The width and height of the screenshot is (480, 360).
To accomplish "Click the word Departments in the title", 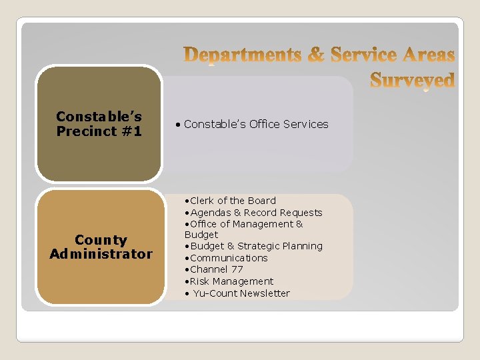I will (x=243, y=55).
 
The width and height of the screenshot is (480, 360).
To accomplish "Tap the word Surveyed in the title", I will (x=412, y=80).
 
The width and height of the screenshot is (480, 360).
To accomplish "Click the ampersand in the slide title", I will (x=316, y=55).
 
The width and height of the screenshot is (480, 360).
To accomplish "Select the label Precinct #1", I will (x=99, y=131).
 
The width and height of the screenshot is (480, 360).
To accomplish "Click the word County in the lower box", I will (x=101, y=240).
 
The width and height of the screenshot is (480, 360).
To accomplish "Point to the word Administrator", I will (x=101, y=254).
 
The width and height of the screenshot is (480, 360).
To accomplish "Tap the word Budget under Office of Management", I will (x=201, y=235).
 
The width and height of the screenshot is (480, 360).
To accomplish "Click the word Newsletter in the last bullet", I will (x=265, y=293).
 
